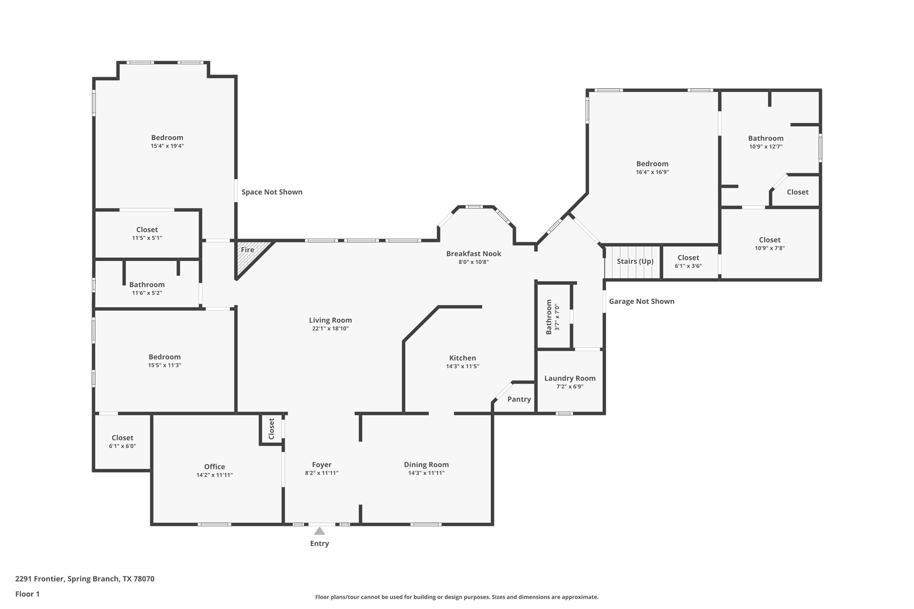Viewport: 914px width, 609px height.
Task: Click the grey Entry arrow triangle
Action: click(x=319, y=531)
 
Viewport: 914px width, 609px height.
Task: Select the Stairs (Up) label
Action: click(x=635, y=261)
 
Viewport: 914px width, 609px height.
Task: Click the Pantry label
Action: click(x=519, y=399)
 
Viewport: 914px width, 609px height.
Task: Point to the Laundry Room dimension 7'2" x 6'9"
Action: click(x=569, y=386)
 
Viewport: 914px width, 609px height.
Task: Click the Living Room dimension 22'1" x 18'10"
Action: click(x=330, y=328)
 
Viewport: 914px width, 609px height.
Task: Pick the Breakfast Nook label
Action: click(x=474, y=253)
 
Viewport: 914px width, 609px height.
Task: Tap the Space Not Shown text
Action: click(x=272, y=192)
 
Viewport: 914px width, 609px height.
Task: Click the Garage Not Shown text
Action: click(x=641, y=301)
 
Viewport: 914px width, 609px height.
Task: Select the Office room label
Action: click(x=214, y=467)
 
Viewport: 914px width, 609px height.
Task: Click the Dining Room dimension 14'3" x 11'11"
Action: click(x=426, y=473)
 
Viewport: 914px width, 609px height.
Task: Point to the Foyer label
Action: click(x=321, y=464)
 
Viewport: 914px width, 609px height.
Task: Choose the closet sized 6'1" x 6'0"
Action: click(x=122, y=442)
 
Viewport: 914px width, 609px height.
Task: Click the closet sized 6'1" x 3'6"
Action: click(x=688, y=261)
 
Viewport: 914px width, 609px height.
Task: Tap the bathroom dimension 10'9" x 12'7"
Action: click(x=765, y=146)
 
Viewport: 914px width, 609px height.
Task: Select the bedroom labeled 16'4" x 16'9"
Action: click(x=652, y=168)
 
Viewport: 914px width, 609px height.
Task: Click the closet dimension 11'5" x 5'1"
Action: click(x=147, y=238)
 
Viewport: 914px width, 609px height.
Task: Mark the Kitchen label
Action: click(x=462, y=358)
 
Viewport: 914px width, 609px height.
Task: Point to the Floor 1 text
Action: click(x=27, y=594)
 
